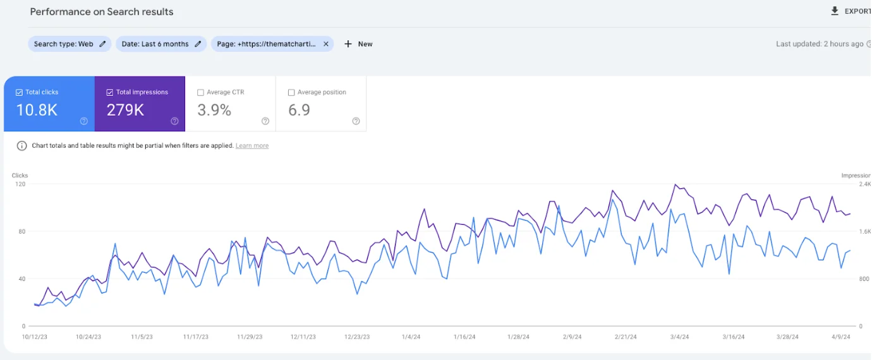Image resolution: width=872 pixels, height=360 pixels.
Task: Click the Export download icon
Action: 835,11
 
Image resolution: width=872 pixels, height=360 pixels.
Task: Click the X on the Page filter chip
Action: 326,44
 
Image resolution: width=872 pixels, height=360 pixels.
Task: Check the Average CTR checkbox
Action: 201,92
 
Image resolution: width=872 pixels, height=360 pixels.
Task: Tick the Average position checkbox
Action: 291,92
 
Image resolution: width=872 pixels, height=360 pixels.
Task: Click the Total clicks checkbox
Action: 19,92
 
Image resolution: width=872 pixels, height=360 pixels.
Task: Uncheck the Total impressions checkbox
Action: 110,92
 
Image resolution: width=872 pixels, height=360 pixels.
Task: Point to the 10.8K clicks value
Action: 37,110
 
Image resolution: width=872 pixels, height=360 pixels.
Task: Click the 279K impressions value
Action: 125,110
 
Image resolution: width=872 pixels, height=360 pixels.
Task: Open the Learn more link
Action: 251,146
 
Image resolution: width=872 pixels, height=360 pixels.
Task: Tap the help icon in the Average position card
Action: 356,121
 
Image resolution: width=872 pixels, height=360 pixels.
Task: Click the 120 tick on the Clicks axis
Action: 21,184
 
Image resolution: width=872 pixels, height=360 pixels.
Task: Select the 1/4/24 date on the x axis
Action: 411,337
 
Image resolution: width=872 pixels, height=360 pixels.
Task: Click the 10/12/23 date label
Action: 35,337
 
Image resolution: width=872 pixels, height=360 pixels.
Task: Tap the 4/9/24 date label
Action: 840,337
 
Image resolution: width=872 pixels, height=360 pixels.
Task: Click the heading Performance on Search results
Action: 102,12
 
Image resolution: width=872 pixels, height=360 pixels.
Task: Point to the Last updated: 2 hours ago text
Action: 820,44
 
